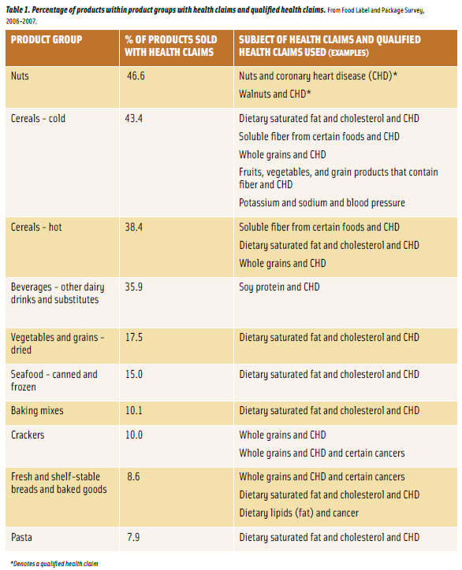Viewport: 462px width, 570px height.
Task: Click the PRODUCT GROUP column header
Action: click(47, 39)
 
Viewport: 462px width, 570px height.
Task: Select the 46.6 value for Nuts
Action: click(138, 76)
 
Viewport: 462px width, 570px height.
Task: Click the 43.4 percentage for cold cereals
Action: click(138, 119)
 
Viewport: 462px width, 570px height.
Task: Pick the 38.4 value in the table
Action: click(138, 228)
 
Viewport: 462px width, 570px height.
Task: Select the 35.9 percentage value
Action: click(138, 287)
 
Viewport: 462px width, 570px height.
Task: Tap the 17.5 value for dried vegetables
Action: click(138, 338)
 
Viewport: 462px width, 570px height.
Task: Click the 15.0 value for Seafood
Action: click(138, 375)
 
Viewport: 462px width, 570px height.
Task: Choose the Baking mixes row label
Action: click(37, 411)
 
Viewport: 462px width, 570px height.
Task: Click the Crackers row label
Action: click(29, 435)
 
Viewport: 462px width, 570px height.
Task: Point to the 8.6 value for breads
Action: click(135, 477)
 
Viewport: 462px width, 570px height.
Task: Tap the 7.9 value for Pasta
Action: click(135, 538)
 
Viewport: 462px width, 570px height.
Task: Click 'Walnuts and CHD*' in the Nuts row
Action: click(275, 94)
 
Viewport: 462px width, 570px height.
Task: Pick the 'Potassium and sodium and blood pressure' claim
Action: click(322, 203)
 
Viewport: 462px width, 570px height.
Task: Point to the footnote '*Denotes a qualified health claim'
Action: click(54, 564)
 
